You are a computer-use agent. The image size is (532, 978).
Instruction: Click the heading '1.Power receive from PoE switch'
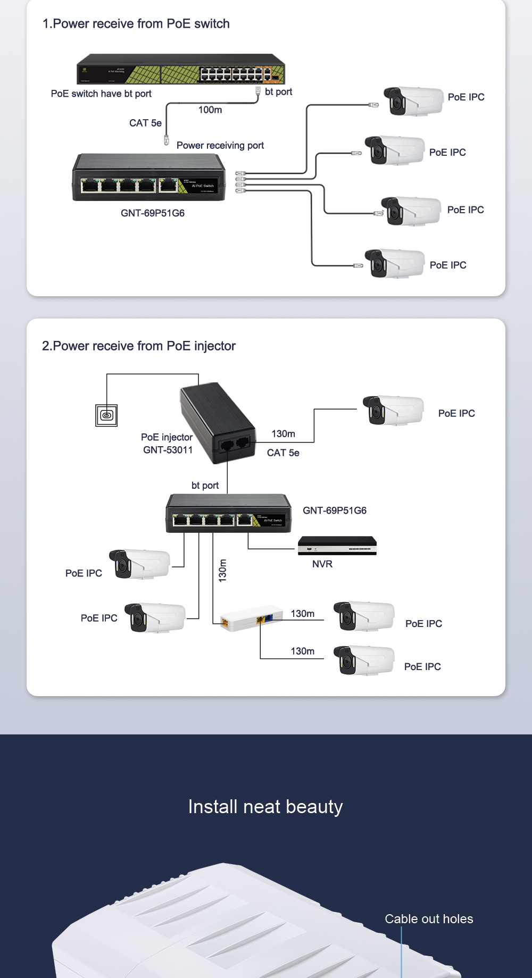[136, 24]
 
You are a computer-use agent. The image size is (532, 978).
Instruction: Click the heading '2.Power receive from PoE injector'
[139, 346]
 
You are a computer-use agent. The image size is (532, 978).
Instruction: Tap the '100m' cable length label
[210, 110]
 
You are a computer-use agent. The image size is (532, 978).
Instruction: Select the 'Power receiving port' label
[220, 146]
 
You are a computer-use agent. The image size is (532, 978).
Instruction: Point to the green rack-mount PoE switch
[180, 69]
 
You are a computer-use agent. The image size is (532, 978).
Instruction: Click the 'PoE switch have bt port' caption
[101, 94]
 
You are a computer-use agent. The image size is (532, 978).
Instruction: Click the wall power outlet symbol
[106, 415]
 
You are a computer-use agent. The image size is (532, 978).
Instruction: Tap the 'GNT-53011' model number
[168, 450]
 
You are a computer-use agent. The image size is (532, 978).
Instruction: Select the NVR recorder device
[337, 546]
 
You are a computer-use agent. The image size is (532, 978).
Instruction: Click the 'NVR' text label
[322, 564]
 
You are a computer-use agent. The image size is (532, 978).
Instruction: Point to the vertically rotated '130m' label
[223, 570]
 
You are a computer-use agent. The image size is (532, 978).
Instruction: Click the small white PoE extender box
[251, 617]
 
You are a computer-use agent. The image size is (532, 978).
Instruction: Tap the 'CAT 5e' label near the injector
[283, 453]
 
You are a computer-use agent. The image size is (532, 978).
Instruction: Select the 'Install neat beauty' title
[265, 807]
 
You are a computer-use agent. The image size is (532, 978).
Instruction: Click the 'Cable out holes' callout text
[429, 919]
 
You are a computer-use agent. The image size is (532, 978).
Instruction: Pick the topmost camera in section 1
[413, 101]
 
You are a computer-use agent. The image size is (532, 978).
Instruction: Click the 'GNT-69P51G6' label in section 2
[335, 511]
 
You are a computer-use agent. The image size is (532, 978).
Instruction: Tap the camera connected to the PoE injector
[393, 411]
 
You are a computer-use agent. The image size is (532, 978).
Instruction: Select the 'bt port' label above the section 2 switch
[205, 486]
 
